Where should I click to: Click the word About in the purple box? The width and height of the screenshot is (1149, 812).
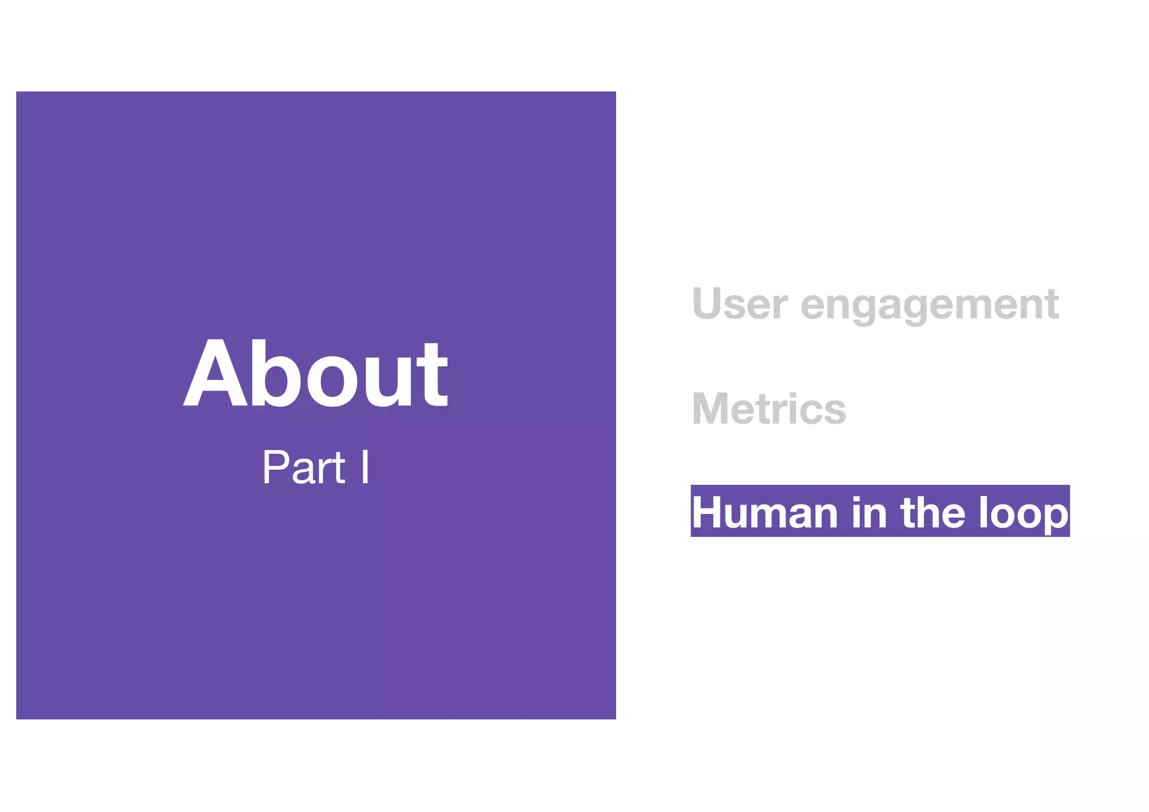[x=315, y=374]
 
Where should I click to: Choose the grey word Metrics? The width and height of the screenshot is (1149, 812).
[x=769, y=409]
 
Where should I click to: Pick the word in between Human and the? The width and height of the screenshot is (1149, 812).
[x=869, y=512]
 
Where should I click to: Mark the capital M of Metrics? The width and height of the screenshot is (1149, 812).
[x=713, y=409]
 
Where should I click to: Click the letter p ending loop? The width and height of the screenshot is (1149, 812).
[x=1054, y=515]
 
